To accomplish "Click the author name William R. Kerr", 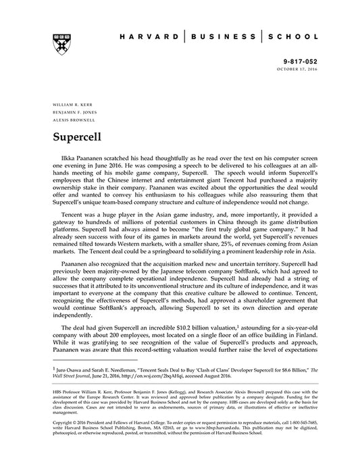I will click(68, 105).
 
